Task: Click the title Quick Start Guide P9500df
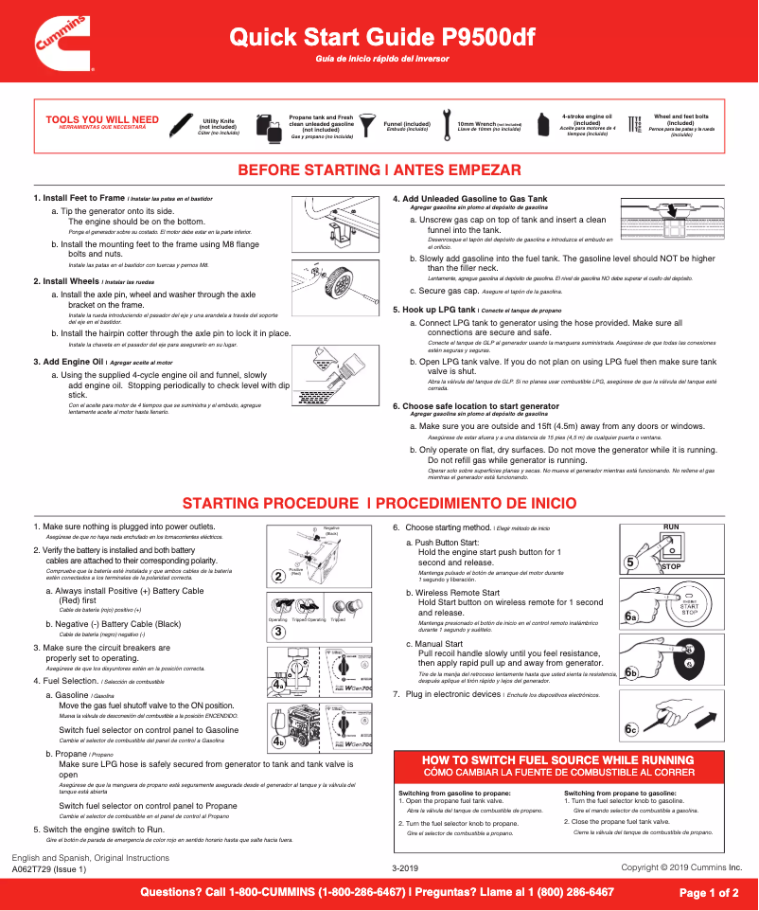(382, 38)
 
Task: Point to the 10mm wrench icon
(446, 123)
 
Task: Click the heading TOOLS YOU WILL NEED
(102, 119)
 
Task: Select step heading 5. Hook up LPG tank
(435, 310)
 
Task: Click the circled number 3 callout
(278, 631)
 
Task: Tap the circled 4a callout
(279, 681)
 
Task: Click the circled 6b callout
(631, 671)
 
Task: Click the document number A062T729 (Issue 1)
(49, 868)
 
